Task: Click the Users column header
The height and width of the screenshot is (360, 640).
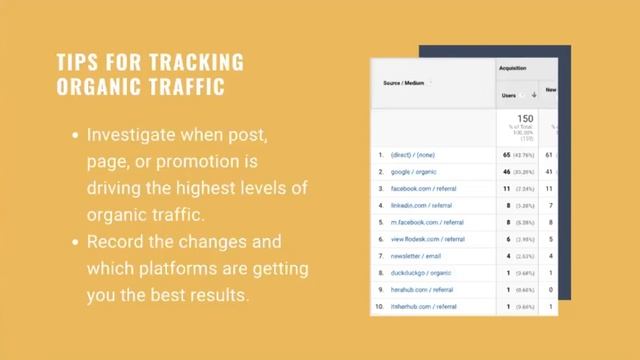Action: (x=510, y=95)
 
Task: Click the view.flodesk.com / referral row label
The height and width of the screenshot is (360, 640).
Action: (x=428, y=239)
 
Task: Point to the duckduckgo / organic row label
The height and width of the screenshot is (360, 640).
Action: (x=421, y=273)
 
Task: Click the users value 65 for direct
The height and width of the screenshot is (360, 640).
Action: (x=506, y=155)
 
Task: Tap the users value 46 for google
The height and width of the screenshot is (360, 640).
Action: (x=506, y=172)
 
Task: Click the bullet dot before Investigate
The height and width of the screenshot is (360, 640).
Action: (x=75, y=134)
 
